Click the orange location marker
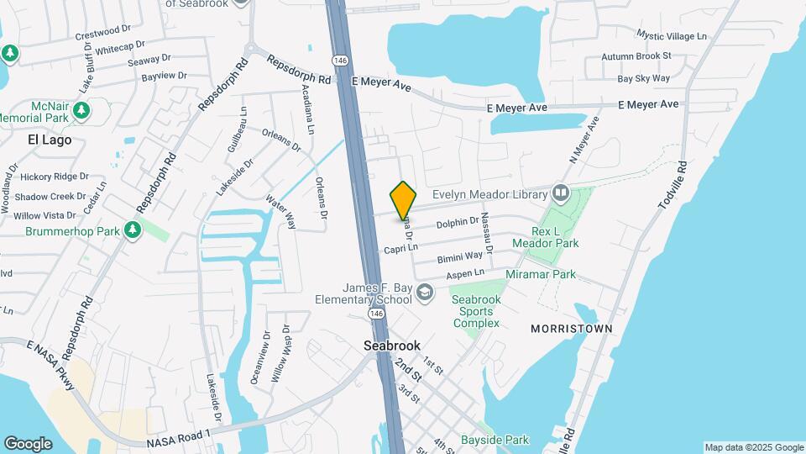tap(404, 201)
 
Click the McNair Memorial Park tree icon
tap(81, 110)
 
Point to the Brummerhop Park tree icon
tap(132, 230)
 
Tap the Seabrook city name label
tap(391, 346)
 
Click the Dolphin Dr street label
tap(457, 222)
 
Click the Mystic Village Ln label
tap(672, 35)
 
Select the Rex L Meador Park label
tap(555, 237)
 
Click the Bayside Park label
tap(495, 440)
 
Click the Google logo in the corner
tap(28, 443)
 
